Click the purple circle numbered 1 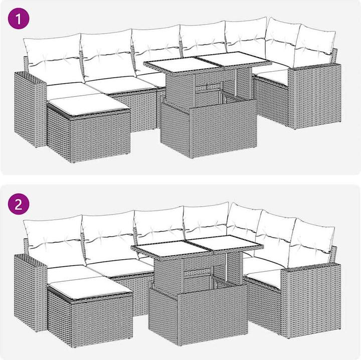coord(19,19)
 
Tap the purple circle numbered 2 coord(19,204)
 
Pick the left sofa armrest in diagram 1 coord(30,109)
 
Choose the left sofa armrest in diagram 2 coord(30,292)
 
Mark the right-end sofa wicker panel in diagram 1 coord(315,96)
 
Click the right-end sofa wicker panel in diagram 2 coord(311,300)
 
